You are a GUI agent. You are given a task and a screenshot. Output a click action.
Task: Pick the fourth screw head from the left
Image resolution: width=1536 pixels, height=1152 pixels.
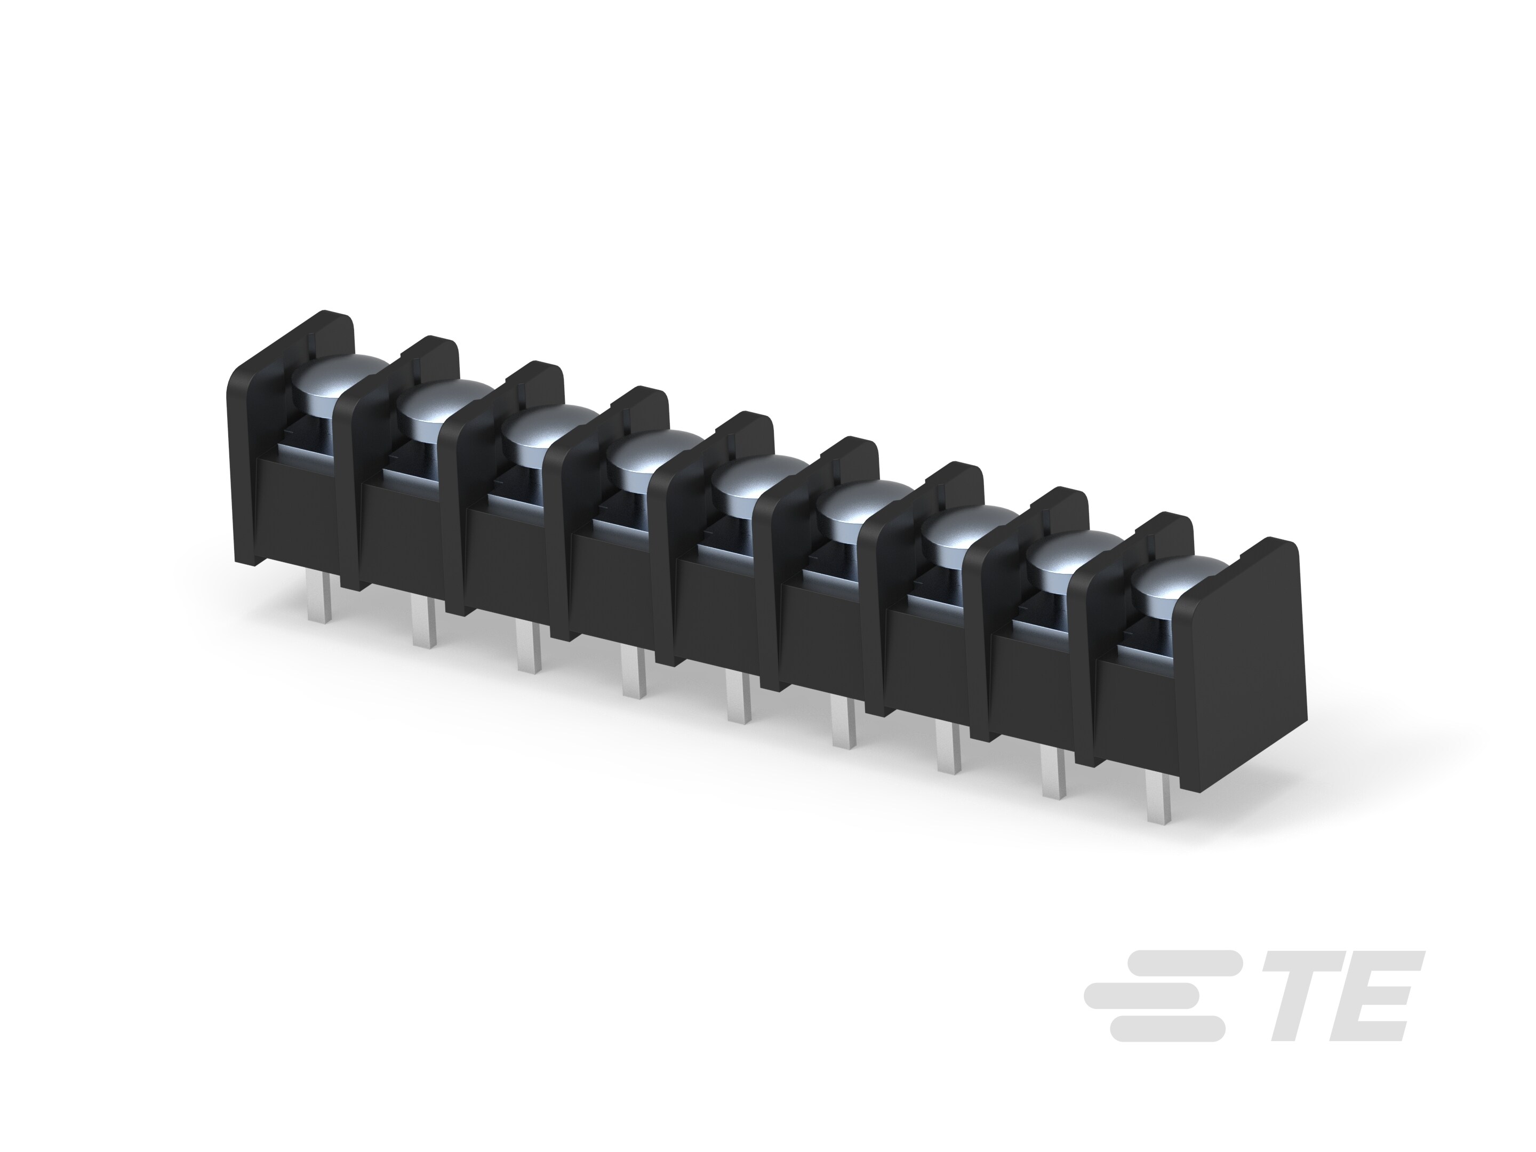point(651,460)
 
